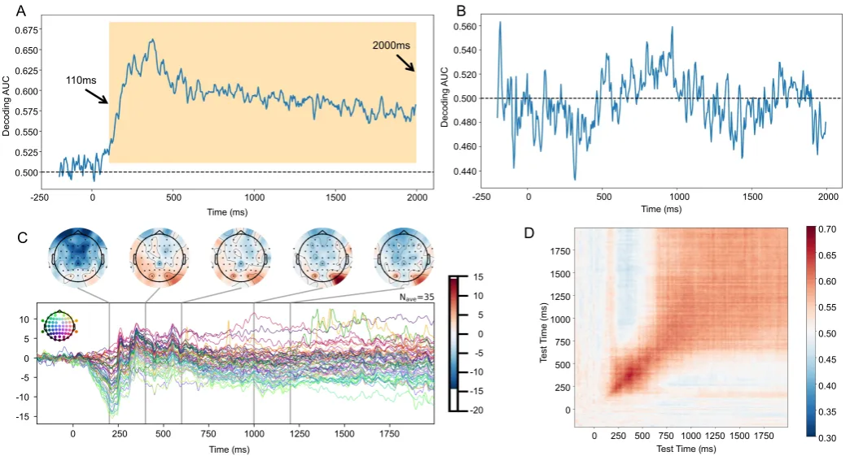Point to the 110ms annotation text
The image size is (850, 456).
click(80, 82)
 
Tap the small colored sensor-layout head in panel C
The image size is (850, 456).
click(60, 325)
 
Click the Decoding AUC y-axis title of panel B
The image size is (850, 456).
click(445, 98)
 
